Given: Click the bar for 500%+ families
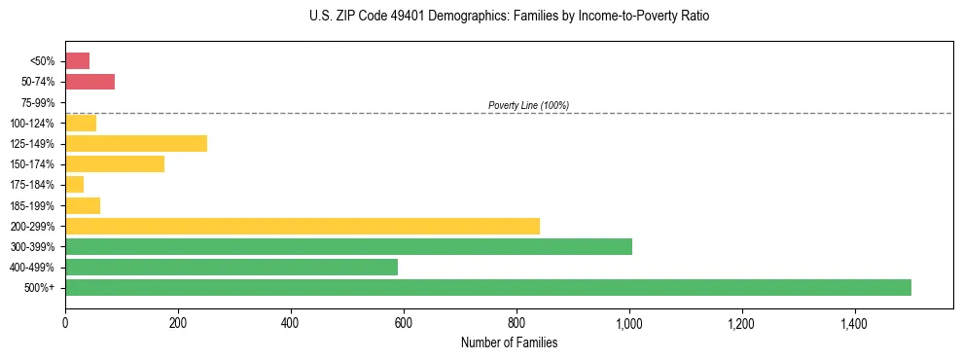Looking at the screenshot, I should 487,287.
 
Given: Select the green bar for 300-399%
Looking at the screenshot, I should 348,246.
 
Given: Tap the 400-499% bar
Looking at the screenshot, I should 232,267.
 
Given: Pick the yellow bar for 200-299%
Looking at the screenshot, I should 303,226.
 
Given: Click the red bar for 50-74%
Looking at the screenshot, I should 89,82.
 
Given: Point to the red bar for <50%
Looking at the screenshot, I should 77,61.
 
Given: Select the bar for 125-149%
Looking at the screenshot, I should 136,144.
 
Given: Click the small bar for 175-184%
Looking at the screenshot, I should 74,185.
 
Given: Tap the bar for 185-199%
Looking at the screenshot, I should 83,205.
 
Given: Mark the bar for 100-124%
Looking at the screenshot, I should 81,123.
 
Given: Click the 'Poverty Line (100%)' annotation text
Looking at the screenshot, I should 528,105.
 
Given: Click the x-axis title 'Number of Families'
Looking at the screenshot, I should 509,342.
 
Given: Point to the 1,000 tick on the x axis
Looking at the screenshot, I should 629,322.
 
